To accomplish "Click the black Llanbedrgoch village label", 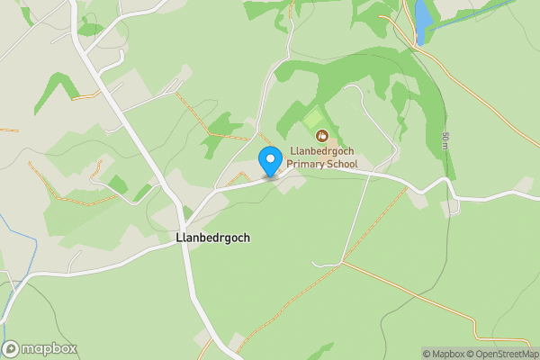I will tap(213, 238).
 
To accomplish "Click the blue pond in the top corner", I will tap(422, 22).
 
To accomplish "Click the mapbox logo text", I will tap(49, 349).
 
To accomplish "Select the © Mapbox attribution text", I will tap(443, 354).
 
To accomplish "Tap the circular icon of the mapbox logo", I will tap(11, 349).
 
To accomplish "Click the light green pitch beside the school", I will tap(314, 119).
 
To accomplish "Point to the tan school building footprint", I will tap(331, 144).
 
